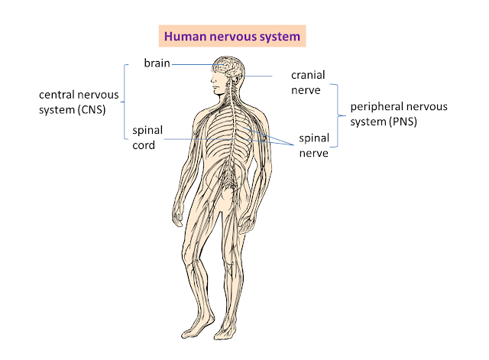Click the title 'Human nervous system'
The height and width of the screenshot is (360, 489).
pyautogui.click(x=232, y=37)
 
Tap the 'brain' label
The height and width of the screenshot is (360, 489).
pyautogui.click(x=157, y=63)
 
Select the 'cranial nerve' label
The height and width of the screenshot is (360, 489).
pyautogui.click(x=308, y=83)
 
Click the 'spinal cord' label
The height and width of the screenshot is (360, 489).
pyautogui.click(x=147, y=138)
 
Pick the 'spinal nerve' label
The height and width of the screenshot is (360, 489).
pyautogui.click(x=314, y=145)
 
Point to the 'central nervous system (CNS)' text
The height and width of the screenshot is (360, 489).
pyautogui.click(x=79, y=102)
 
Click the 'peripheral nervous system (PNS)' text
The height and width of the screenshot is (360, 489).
pyautogui.click(x=399, y=114)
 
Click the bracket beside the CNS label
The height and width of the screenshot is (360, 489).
pyautogui.click(x=125, y=102)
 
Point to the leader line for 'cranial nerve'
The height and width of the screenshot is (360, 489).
pyautogui.click(x=258, y=76)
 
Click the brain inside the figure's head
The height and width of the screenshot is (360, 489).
pyautogui.click(x=228, y=66)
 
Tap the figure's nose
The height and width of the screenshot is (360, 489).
pyautogui.click(x=212, y=79)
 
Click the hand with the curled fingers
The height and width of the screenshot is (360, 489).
pyautogui.click(x=248, y=223)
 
